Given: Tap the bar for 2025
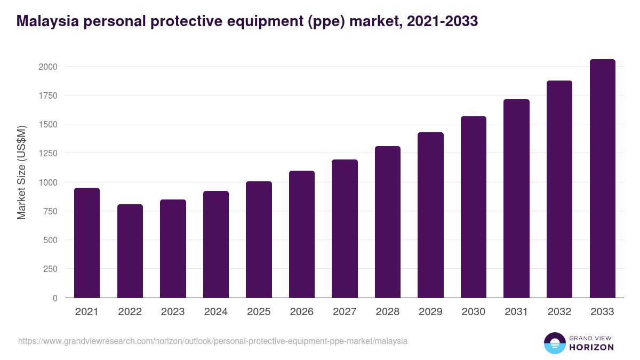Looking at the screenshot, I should [259, 239].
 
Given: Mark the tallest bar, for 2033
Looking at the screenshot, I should [602, 179].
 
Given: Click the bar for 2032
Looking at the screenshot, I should [559, 189].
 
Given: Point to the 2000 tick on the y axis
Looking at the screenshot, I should [47, 67].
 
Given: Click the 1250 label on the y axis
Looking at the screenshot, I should [47, 154].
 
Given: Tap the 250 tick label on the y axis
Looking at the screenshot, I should [50, 269].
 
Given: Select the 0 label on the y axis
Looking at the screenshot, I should [55, 298].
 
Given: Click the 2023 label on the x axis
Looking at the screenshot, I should [173, 312].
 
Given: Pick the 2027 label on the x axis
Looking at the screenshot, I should [345, 312].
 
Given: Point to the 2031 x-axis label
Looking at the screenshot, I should [516, 312].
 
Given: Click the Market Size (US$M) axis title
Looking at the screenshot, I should [22, 172].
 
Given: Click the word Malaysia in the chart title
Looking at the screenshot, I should [45, 21].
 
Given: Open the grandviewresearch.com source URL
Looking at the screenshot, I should [213, 341].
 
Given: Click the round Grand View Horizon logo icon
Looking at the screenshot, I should [555, 343].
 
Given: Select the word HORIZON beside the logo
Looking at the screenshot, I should [591, 347].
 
